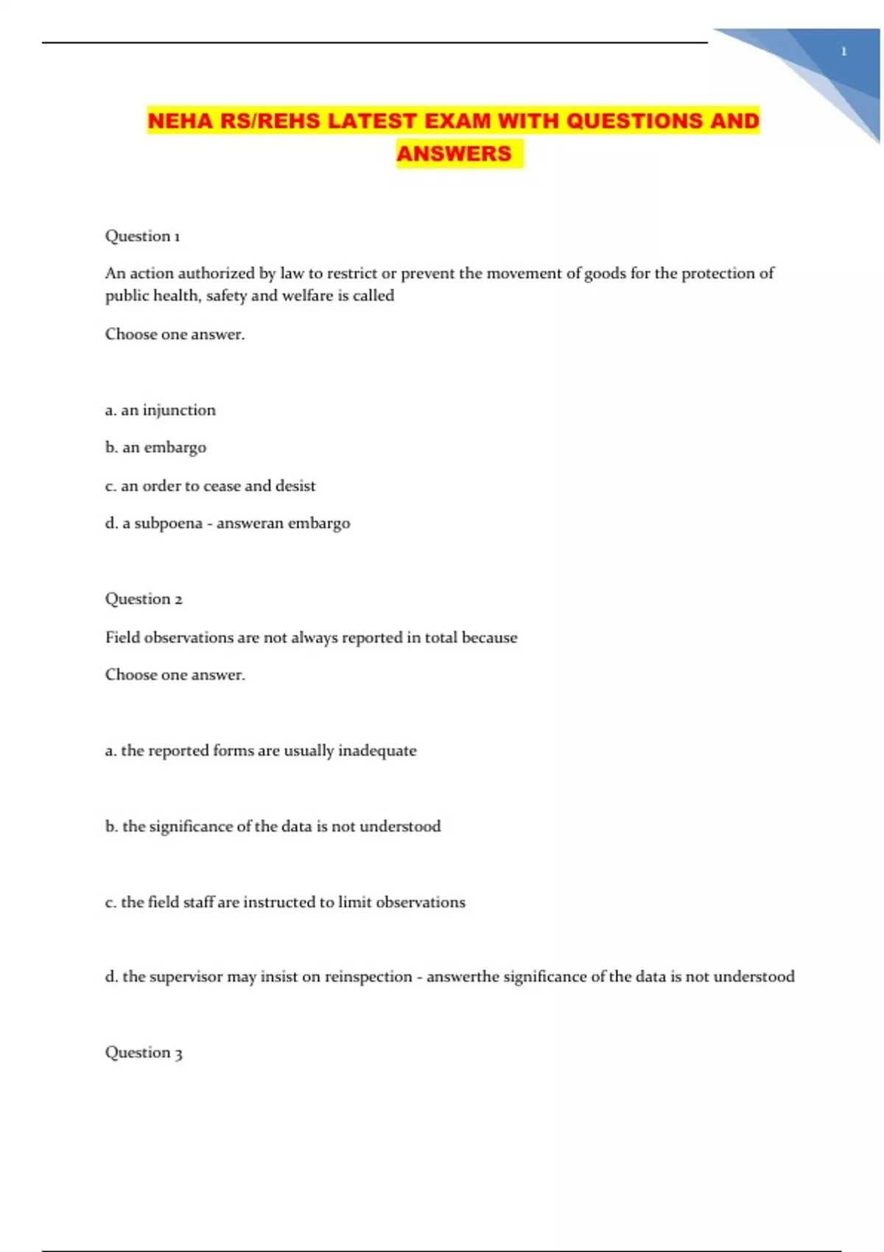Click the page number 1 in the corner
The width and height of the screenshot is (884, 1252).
843,52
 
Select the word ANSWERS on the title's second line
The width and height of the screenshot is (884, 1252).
454,154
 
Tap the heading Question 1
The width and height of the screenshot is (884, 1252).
142,236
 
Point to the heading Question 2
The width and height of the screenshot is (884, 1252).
144,599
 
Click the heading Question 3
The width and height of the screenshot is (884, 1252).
144,1052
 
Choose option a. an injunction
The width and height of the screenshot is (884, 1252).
161,410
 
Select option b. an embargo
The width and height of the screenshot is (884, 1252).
155,448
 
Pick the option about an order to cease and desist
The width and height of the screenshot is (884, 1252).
210,486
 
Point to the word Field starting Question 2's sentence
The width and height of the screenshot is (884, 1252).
122,638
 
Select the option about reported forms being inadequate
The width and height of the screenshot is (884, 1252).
261,750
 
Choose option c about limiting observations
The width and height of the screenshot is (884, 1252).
285,902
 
